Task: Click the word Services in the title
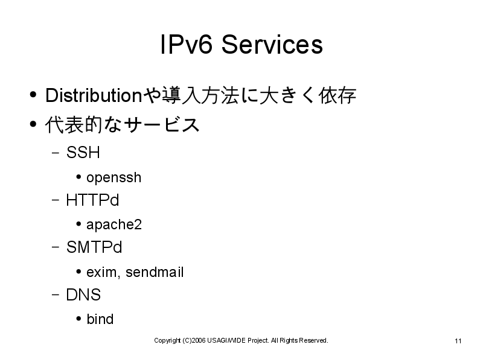click(272, 44)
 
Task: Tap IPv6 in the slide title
click(187, 44)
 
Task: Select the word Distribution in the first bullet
click(94, 95)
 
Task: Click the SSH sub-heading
click(83, 152)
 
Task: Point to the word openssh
click(114, 178)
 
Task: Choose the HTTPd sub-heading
click(92, 200)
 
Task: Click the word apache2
click(114, 225)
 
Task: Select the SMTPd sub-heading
click(94, 247)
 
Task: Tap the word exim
click(101, 272)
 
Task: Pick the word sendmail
click(155, 272)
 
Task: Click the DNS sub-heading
click(83, 294)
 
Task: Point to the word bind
click(100, 319)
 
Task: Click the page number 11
click(458, 341)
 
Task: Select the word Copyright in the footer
click(167, 340)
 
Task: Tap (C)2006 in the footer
click(194, 340)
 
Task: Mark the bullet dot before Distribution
click(33, 95)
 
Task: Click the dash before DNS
click(56, 294)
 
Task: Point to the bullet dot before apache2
click(78, 224)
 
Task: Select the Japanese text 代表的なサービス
click(123, 125)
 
